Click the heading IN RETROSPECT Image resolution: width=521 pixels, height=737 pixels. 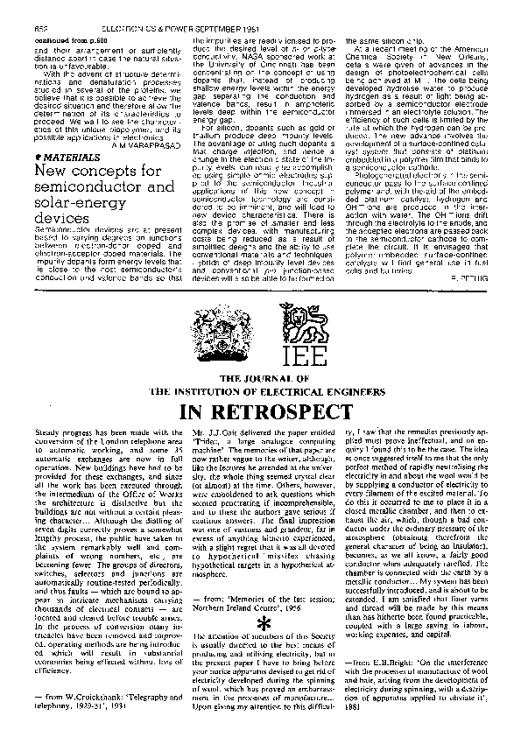[260, 411]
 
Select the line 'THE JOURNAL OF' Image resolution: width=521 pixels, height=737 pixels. [260, 378]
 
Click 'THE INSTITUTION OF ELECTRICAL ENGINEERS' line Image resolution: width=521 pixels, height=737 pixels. [260, 390]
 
